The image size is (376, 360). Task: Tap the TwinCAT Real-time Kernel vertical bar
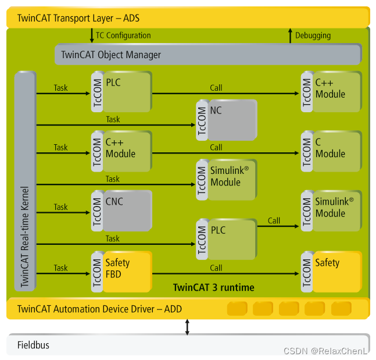coord(25,180)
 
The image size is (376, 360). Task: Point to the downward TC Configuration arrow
coord(91,35)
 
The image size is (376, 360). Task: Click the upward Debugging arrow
coord(291,35)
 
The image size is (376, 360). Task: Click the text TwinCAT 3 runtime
coord(213,287)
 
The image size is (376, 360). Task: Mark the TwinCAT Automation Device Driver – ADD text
coord(99,309)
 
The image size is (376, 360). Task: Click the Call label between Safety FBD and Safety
coord(216,268)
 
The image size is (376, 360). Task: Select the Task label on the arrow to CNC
coord(60,206)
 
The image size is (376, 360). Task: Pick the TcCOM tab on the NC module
coord(202,119)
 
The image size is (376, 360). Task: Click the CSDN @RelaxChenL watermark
coord(325,351)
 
